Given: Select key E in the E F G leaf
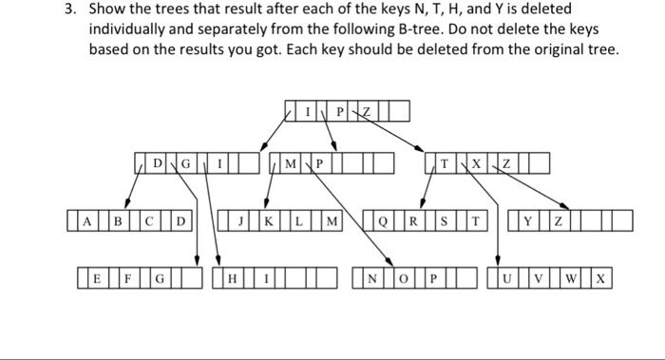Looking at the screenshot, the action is (x=97, y=280).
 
